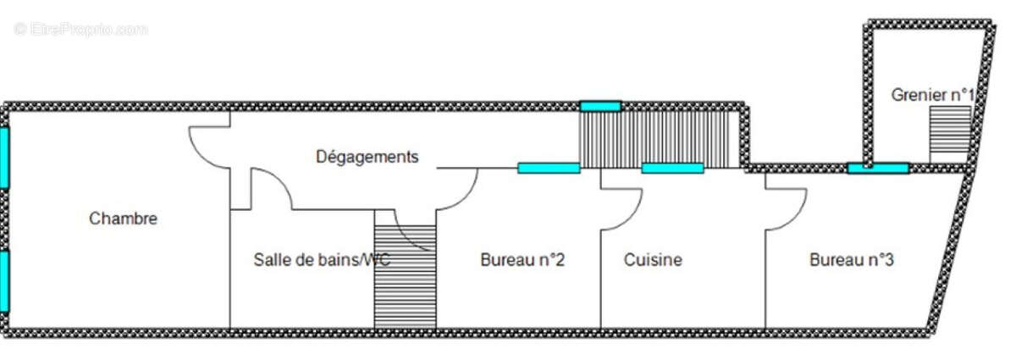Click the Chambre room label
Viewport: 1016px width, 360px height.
pyautogui.click(x=123, y=219)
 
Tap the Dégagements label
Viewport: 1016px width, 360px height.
pyautogui.click(x=367, y=157)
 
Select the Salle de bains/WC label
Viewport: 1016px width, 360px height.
pyautogui.click(x=322, y=260)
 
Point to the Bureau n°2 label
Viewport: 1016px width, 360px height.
pyautogui.click(x=522, y=260)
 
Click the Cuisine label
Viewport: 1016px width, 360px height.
pyautogui.click(x=653, y=260)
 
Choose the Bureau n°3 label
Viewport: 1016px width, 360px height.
pyautogui.click(x=852, y=260)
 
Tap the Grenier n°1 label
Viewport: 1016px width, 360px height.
pyautogui.click(x=932, y=95)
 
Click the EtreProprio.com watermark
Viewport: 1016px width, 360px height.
pyautogui.click(x=80, y=29)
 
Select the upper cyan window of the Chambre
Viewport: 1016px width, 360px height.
pyautogui.click(x=4, y=158)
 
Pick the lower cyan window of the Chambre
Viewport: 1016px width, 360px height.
pyautogui.click(x=4, y=281)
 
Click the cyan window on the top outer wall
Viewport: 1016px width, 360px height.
pyautogui.click(x=600, y=106)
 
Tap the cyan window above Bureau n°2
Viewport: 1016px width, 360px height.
pyautogui.click(x=549, y=168)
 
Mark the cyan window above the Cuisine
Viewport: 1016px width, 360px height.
pyautogui.click(x=672, y=168)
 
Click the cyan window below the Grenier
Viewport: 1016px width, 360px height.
pyautogui.click(x=878, y=168)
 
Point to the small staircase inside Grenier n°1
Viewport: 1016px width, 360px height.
pyautogui.click(x=950, y=135)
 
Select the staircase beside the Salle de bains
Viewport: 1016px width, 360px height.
pyautogui.click(x=405, y=276)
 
